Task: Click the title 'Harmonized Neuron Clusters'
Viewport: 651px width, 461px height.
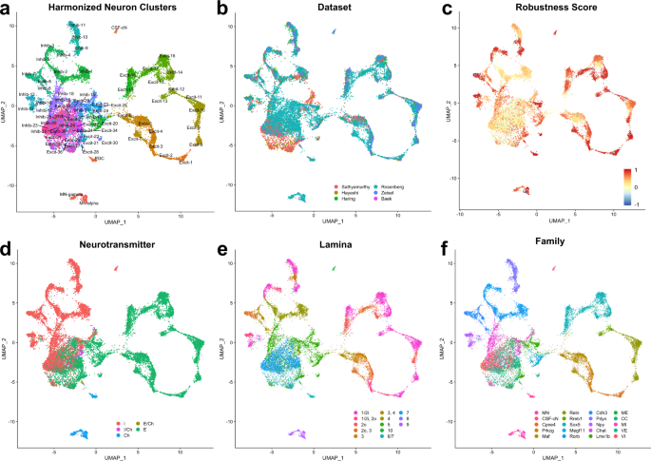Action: click(115, 8)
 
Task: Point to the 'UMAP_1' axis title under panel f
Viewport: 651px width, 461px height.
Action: click(543, 455)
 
